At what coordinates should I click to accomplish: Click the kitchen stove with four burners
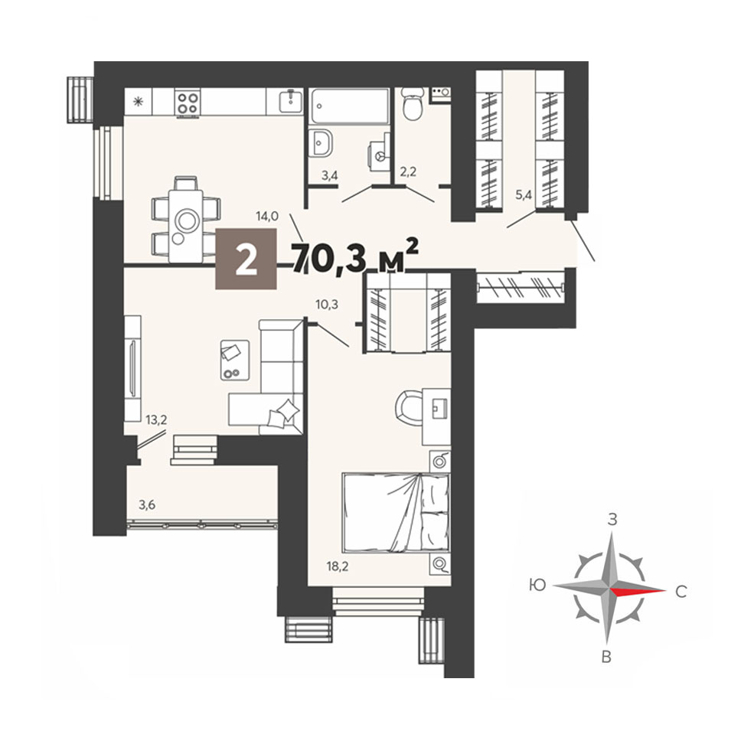point(187,103)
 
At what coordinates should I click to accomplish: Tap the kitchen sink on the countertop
point(291,100)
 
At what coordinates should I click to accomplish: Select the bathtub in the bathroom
point(350,106)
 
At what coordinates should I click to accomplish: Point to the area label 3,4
point(329,176)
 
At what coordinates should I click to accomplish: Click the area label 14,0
point(267,217)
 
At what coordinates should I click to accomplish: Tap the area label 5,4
point(524,194)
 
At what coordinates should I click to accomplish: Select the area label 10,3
point(327,305)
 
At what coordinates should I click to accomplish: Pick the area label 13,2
point(156,419)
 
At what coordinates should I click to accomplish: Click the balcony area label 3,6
point(147,504)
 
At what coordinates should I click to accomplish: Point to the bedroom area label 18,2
point(338,566)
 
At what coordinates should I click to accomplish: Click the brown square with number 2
point(246,259)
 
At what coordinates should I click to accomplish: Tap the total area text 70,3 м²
point(355,256)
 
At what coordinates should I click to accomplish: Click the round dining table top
point(187,220)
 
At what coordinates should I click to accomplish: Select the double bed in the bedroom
point(397,513)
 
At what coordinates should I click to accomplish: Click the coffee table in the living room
point(235,360)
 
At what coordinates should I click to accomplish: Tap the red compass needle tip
point(665,591)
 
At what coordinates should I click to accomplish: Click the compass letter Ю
point(538,585)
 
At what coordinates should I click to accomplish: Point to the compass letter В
point(606,657)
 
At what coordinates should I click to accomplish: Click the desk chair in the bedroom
point(408,406)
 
